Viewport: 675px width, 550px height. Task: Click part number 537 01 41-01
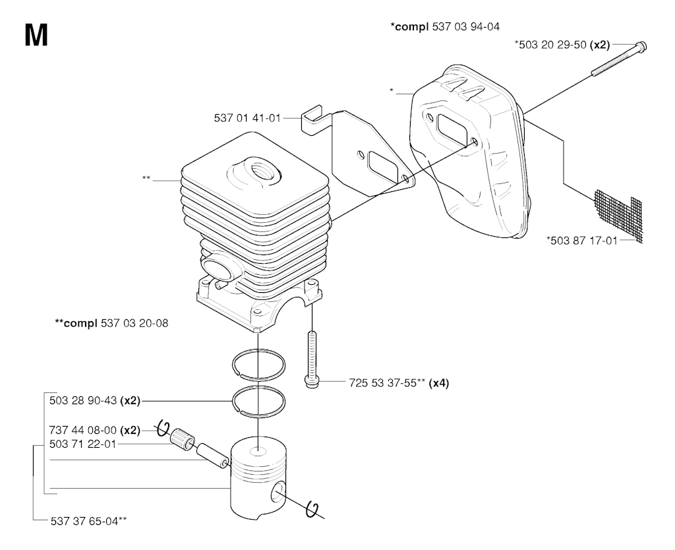(247, 119)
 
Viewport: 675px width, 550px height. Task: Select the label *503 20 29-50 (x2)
(562, 45)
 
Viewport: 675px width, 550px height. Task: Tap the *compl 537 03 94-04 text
(445, 27)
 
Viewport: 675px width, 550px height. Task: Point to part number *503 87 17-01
(582, 241)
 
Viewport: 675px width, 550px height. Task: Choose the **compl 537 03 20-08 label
(111, 324)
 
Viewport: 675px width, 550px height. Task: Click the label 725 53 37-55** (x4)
(399, 382)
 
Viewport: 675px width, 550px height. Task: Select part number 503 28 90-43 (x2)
(94, 400)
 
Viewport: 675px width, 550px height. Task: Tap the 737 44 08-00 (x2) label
(94, 431)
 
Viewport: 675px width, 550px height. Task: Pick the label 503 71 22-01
(82, 444)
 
